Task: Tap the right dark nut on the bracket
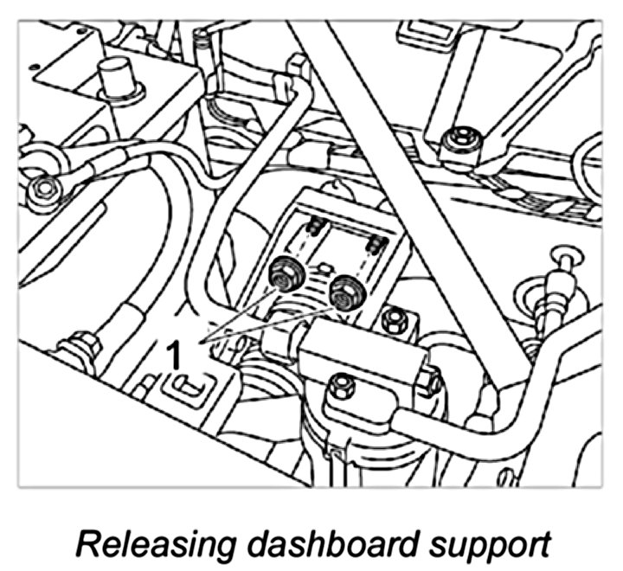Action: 345,291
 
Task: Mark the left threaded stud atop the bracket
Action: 316,227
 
